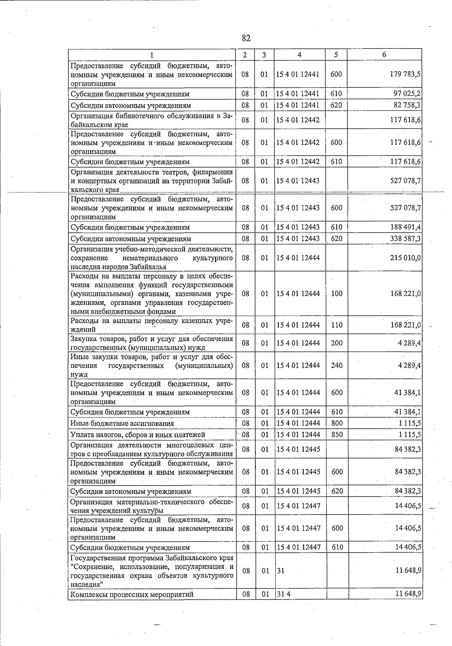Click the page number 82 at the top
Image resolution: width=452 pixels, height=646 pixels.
pyautogui.click(x=246, y=38)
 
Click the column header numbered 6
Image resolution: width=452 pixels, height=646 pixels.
pyautogui.click(x=384, y=55)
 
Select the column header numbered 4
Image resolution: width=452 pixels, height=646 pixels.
pyautogui.click(x=299, y=55)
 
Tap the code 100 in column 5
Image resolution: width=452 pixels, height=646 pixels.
pyautogui.click(x=336, y=293)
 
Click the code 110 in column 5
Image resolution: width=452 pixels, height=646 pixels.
pyautogui.click(x=336, y=325)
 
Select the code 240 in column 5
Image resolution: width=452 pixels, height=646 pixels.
pyautogui.click(x=336, y=365)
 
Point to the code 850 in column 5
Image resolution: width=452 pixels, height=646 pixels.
pyautogui.click(x=336, y=434)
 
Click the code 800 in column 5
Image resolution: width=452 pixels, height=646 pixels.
pyautogui.click(x=336, y=423)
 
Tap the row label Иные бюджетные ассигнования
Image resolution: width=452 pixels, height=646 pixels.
pyautogui.click(x=122, y=424)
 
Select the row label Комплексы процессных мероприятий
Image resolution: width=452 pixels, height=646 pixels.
pyautogui.click(x=132, y=594)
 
